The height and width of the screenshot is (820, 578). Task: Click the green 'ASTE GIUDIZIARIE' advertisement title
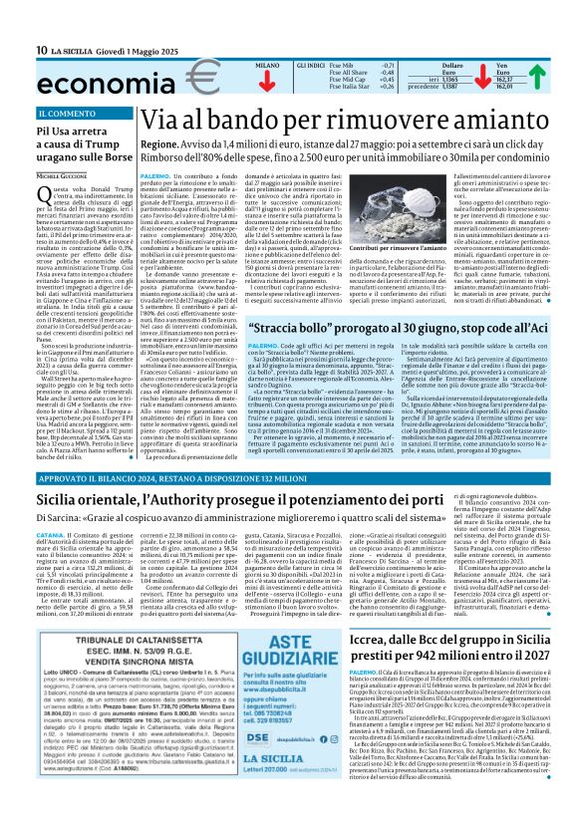[284, 653]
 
